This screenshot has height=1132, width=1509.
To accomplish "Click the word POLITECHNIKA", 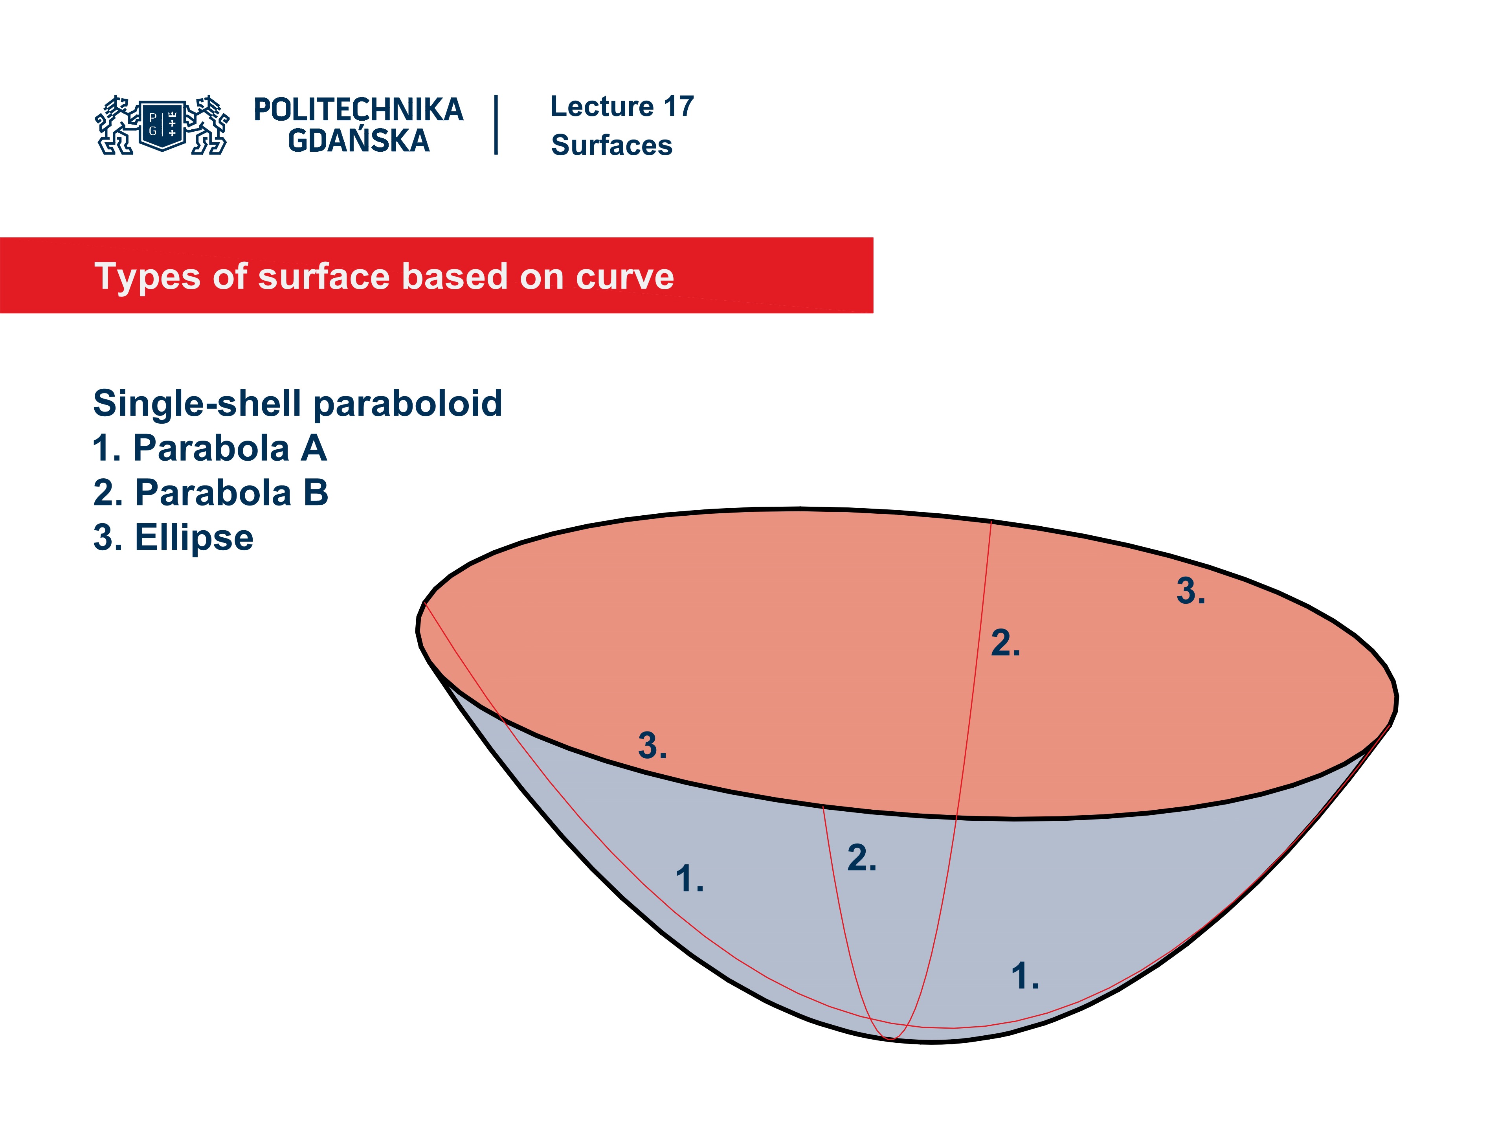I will tap(358, 110).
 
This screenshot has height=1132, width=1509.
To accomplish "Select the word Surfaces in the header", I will tap(611, 145).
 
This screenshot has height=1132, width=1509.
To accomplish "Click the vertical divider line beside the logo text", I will tap(496, 125).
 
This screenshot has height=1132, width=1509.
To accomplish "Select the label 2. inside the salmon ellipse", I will tap(1005, 643).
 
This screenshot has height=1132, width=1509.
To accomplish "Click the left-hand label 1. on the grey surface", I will tap(689, 879).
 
